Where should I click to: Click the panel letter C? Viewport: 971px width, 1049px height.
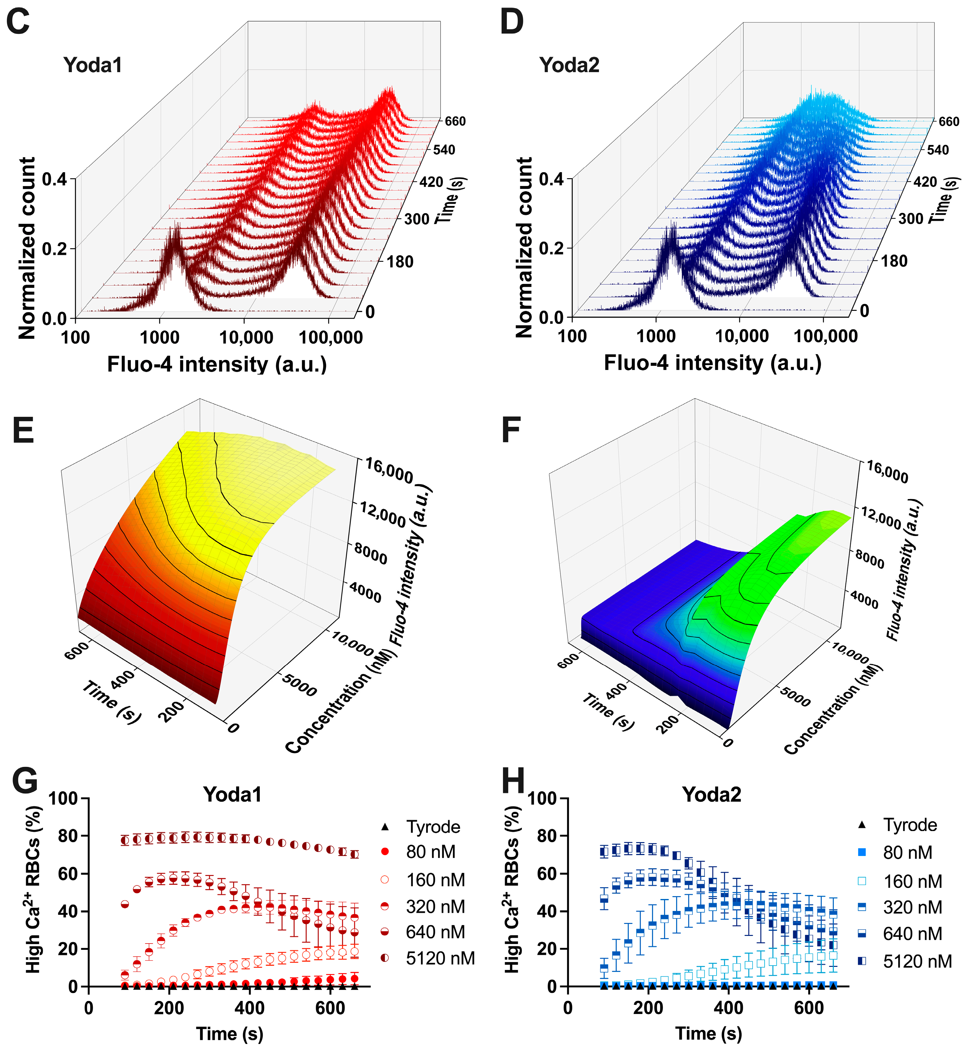pyautogui.click(x=18, y=23)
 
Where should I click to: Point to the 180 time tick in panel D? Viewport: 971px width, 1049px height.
pyautogui.click(x=894, y=262)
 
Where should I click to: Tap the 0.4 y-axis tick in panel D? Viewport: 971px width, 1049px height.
pyautogui.click(x=551, y=179)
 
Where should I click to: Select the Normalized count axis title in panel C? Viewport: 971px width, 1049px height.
pyautogui.click(x=27, y=248)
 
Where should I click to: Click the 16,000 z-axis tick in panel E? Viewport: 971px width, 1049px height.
pyautogui.click(x=389, y=470)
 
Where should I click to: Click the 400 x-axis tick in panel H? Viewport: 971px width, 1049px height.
pyautogui.click(x=729, y=1008)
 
